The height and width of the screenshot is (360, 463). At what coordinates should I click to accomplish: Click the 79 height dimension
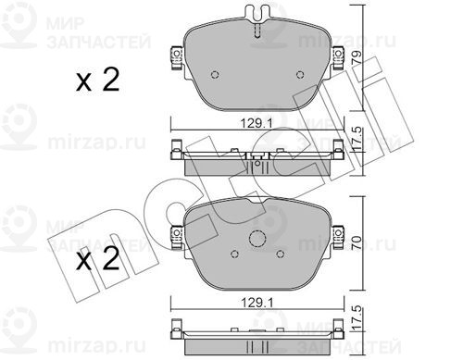[x=357, y=57]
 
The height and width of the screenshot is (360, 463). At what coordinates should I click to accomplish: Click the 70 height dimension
[x=357, y=242]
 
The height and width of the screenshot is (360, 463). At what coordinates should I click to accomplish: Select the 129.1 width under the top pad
[x=257, y=124]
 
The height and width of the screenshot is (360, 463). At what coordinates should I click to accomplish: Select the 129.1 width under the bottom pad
[x=257, y=304]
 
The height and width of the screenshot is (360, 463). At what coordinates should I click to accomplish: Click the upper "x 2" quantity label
[x=97, y=80]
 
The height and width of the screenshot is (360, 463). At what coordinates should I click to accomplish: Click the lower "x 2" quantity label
[x=97, y=259]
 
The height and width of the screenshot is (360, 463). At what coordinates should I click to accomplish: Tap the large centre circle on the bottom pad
[x=257, y=239]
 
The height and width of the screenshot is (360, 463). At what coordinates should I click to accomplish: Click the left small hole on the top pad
[x=215, y=74]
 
